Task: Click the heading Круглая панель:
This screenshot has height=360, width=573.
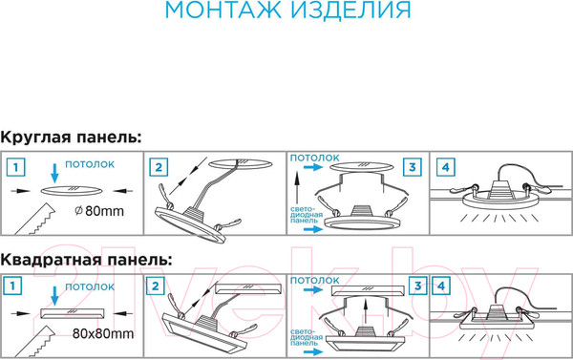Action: [72, 138]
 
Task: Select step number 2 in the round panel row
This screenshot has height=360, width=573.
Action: [160, 167]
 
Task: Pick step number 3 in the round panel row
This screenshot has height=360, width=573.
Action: [412, 167]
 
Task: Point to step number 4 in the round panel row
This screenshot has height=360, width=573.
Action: [445, 167]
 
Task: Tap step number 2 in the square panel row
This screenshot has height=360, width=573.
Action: [155, 286]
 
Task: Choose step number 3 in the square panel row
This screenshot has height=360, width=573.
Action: [417, 286]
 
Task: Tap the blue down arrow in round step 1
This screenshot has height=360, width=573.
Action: [54, 172]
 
